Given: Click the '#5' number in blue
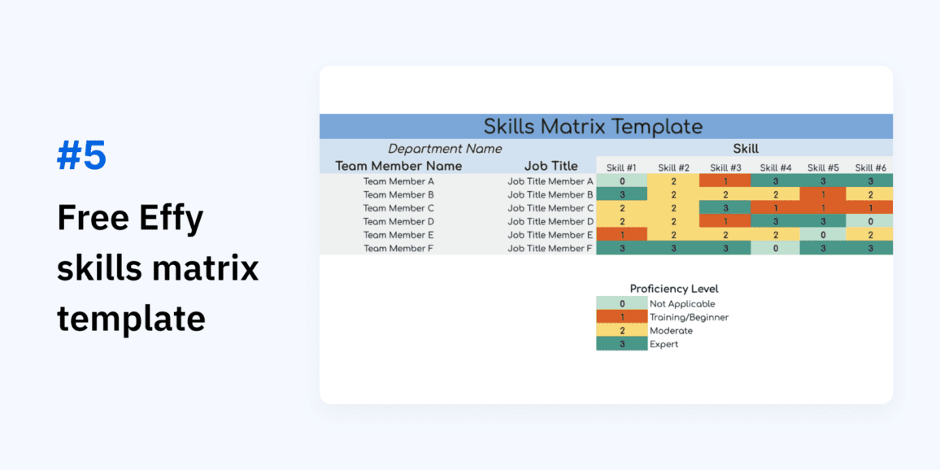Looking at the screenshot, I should (x=81, y=156).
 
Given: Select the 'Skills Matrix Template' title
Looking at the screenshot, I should (x=593, y=127).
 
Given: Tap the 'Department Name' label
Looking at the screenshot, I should (x=445, y=149).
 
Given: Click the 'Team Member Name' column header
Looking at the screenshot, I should (x=398, y=166).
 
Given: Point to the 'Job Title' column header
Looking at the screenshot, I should (x=551, y=166).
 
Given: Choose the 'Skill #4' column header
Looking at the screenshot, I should (x=776, y=168).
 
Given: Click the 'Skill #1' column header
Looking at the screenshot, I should (x=622, y=168).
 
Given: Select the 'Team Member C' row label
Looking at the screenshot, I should (x=398, y=208).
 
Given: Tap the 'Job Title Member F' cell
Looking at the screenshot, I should (x=550, y=248).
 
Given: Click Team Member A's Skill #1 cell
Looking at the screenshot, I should (x=622, y=181).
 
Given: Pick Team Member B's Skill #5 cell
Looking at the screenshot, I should (x=823, y=195).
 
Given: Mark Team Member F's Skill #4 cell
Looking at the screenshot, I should (x=776, y=248).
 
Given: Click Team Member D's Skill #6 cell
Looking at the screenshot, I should (x=869, y=221).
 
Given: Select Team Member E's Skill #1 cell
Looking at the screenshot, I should (x=622, y=235).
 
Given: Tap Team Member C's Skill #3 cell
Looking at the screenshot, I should (x=725, y=208).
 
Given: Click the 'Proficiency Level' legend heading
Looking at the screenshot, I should (x=674, y=289).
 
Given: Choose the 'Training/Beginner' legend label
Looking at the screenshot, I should (x=689, y=317).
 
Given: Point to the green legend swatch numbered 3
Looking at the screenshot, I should (x=622, y=344).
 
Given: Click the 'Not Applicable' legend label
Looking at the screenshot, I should (x=682, y=304).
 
